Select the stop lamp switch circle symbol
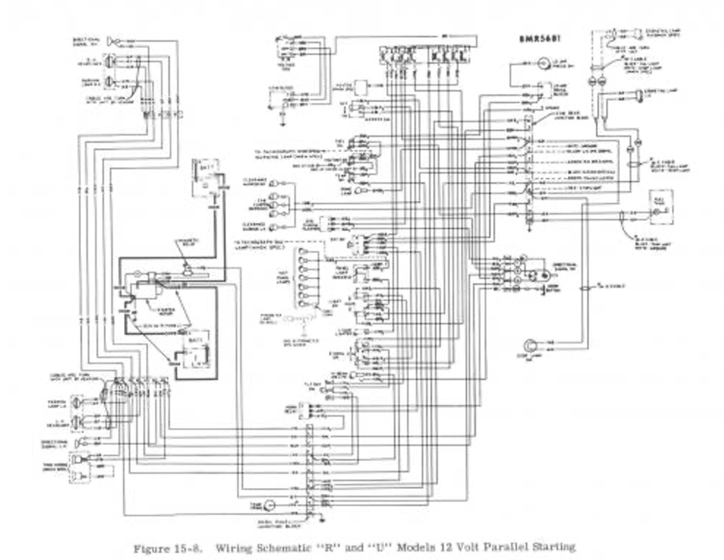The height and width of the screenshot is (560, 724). [x=531, y=344]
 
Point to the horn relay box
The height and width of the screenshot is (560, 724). [x=305, y=408]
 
